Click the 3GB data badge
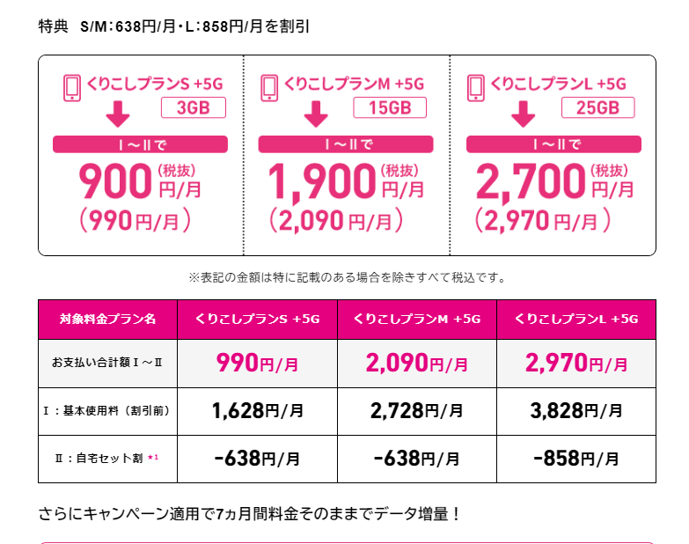[193, 107]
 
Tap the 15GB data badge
[389, 107]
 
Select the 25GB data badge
[597, 107]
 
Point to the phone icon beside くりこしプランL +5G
[476, 86]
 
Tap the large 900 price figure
[115, 181]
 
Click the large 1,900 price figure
[321, 181]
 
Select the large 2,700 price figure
[530, 181]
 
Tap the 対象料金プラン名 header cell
[108, 320]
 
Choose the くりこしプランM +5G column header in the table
[416, 320]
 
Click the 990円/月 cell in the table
[256, 362]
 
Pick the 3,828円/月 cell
[575, 410]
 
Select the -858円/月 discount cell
[575, 459]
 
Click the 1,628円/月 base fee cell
[256, 410]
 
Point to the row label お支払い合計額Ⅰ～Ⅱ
[107, 362]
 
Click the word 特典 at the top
[53, 26]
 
